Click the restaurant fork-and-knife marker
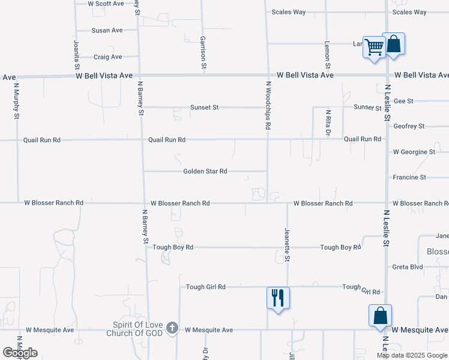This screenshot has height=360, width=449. tap(278, 297)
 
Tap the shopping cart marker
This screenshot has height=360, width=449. tap(374, 46)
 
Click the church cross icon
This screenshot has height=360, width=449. tap(172, 328)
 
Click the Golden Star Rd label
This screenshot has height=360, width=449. tap(205, 172)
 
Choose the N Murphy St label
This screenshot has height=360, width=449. tap(16, 100)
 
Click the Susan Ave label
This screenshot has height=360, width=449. tap(107, 30)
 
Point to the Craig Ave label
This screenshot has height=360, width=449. tap(108, 57)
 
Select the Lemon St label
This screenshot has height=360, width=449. tap(328, 54)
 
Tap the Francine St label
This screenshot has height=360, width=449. tap(409, 178)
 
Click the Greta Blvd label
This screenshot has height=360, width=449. tap(408, 267)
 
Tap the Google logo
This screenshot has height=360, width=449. tap(20, 353)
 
